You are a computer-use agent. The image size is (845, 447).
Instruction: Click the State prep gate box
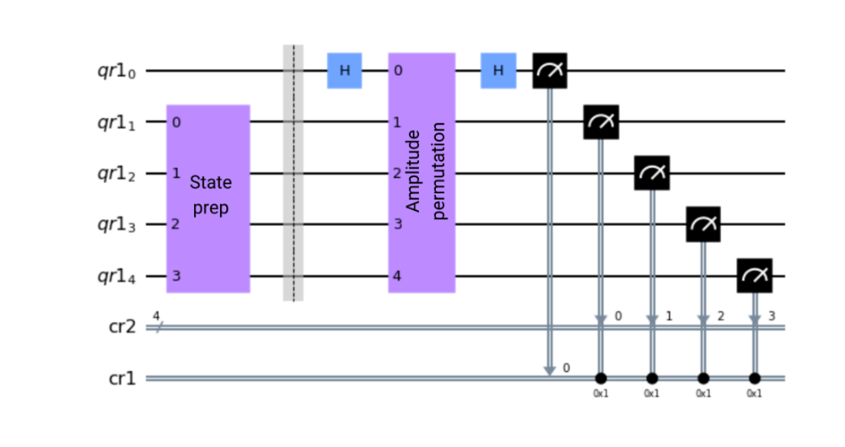[x=209, y=198]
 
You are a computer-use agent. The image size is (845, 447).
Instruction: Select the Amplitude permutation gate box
[x=421, y=172]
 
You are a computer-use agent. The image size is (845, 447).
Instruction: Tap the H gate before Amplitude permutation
[x=345, y=71]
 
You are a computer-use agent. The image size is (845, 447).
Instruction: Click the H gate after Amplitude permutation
[x=498, y=71]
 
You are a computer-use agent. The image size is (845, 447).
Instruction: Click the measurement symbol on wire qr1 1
[x=601, y=122]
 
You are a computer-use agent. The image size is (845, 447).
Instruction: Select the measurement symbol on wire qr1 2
[x=652, y=172]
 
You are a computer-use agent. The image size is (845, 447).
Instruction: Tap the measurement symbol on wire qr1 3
[x=703, y=224]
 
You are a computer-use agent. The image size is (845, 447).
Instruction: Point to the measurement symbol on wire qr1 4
[x=755, y=275]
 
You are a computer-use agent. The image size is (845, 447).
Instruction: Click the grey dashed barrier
[x=293, y=172]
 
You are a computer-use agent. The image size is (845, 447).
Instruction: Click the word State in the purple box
[x=211, y=183]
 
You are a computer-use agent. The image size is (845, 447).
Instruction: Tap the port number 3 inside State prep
[x=175, y=275]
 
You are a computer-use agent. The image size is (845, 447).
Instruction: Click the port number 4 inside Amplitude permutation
[x=397, y=275]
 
